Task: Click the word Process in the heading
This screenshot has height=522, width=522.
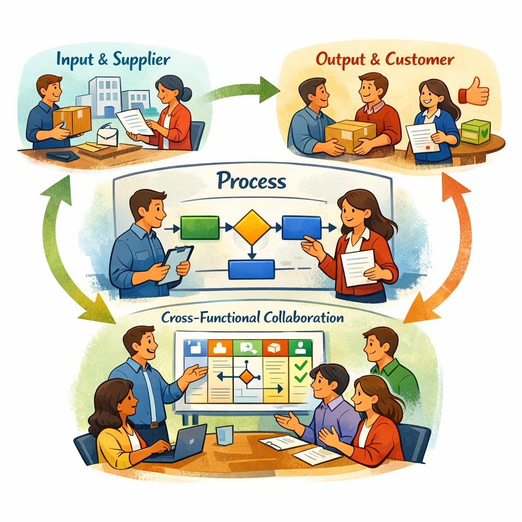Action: pyautogui.click(x=251, y=181)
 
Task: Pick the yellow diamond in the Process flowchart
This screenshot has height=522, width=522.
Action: pyautogui.click(x=252, y=227)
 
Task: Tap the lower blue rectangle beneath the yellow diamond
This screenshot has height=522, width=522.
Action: pyautogui.click(x=251, y=269)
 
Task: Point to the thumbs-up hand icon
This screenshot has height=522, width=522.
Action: pyautogui.click(x=475, y=92)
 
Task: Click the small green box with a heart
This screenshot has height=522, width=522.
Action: pyautogui.click(x=475, y=132)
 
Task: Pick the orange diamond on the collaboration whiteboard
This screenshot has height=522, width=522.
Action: pyautogui.click(x=247, y=377)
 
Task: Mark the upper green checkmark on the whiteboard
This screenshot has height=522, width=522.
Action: pyautogui.click(x=300, y=365)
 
